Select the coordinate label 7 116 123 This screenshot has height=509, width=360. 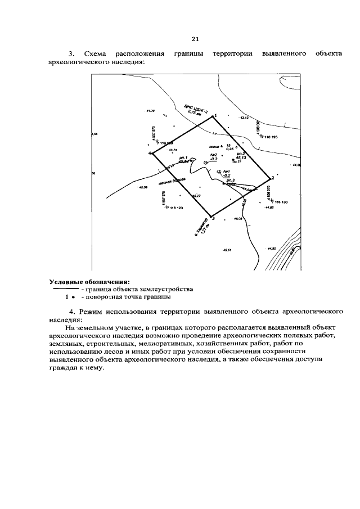click(x=174, y=208)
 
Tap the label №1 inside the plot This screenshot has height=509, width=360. click(x=227, y=171)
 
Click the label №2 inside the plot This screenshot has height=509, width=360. click(x=214, y=155)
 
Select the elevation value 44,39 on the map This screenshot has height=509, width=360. click(x=150, y=111)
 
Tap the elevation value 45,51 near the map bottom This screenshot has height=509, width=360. click(x=227, y=249)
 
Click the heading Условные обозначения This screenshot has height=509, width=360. click(x=89, y=281)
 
